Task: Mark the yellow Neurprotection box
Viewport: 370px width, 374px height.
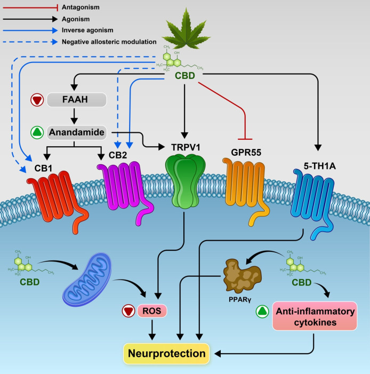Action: (x=166, y=353)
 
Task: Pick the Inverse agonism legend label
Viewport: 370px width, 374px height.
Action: (x=88, y=30)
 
